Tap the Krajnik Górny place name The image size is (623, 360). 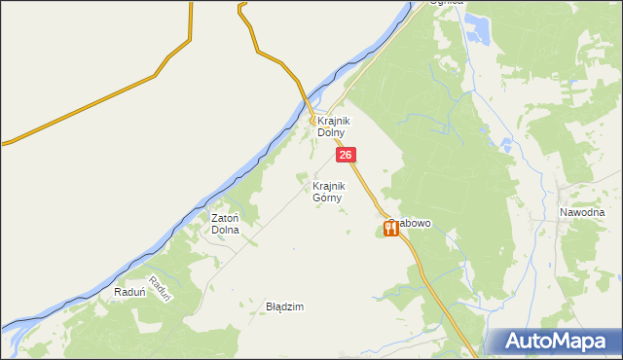point(329,191)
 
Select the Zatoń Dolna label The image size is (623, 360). point(226,225)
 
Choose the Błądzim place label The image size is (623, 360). point(285,306)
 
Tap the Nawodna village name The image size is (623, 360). point(582,212)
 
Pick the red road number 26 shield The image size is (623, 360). point(347,155)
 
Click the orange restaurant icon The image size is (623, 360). point(390,230)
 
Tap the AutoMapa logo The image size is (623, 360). point(554,342)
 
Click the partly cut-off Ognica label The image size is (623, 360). point(450,3)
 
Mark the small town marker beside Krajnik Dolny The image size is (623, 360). point(313,121)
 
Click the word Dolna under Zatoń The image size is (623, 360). point(226,231)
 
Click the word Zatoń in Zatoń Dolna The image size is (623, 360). point(226,219)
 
